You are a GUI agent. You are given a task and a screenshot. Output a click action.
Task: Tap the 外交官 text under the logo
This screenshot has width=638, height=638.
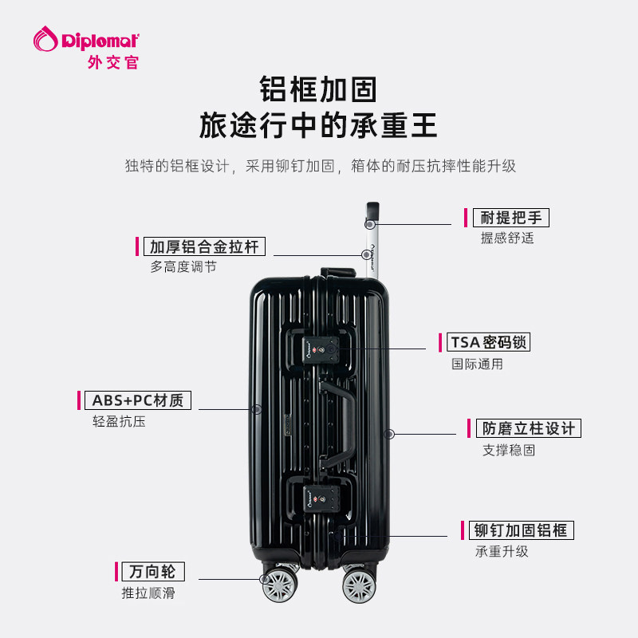point(112,61)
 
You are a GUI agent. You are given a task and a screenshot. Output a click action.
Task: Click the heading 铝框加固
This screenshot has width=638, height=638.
point(318,89)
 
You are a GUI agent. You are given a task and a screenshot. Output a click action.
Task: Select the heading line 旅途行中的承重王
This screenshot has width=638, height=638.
point(318,127)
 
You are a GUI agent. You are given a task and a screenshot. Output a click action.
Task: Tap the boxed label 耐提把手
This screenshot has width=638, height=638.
point(511,218)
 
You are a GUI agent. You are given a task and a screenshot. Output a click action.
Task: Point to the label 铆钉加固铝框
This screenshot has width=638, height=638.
point(523,530)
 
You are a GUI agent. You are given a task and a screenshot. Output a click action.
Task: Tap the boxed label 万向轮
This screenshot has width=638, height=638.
point(152,572)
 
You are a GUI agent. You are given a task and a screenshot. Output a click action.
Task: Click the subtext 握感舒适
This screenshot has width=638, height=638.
point(506,238)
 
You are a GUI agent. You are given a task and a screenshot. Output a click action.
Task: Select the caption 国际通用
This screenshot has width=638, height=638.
point(477,364)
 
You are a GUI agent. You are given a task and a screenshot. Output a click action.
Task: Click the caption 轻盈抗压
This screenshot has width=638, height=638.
point(119,422)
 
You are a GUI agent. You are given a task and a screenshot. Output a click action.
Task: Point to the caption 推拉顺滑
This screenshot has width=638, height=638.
point(148,593)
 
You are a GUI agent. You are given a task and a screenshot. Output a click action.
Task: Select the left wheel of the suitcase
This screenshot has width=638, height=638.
point(279,585)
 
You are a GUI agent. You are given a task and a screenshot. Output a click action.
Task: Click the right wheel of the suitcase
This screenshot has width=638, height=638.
point(359,586)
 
